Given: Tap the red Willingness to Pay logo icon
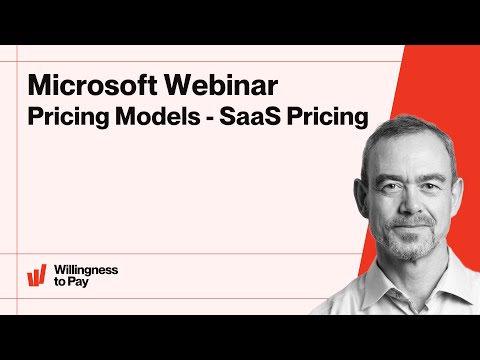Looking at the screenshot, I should (x=37, y=275).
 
